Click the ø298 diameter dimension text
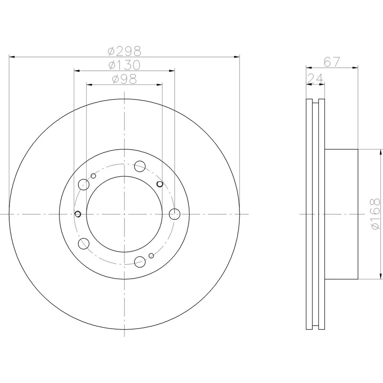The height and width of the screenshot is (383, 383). (124, 51)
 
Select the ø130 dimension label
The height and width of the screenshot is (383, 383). (124, 65)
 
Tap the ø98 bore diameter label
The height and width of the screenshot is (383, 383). (124, 79)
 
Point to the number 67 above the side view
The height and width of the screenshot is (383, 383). (332, 62)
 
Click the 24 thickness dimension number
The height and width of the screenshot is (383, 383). (316, 79)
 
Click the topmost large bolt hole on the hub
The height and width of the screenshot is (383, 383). (140, 166)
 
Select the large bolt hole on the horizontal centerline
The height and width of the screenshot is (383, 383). (174, 214)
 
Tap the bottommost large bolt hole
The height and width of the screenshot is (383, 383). (140, 262)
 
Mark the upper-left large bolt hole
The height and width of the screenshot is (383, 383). (84, 184)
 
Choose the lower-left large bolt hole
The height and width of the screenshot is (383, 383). (84, 244)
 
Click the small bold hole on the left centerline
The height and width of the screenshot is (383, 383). (78, 214)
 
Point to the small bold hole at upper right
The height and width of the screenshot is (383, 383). (160, 184)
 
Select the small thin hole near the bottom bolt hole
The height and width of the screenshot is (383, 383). (151, 256)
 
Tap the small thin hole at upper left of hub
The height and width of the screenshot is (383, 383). (93, 176)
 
